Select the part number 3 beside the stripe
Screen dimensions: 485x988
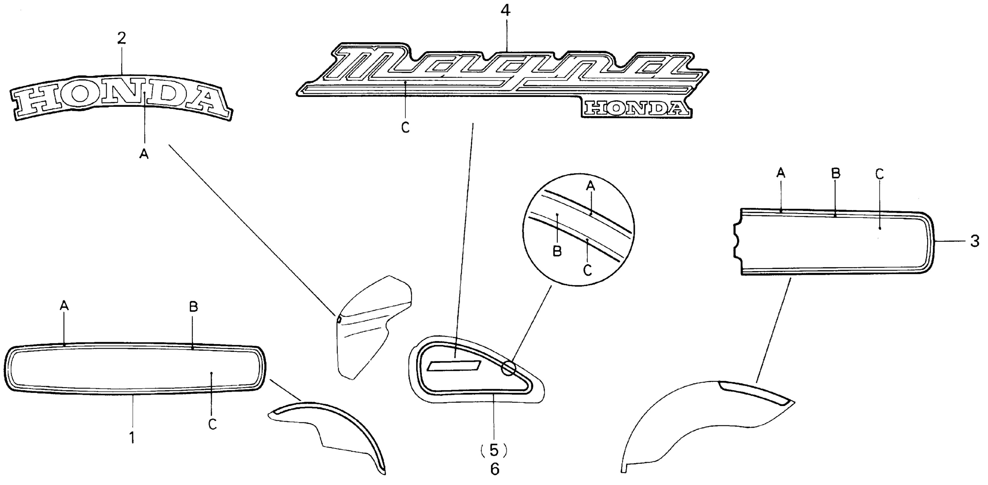tap(975, 242)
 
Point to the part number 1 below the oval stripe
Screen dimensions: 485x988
tap(132, 437)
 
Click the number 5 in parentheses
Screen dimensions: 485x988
tap(494, 451)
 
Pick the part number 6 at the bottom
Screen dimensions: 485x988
tap(495, 469)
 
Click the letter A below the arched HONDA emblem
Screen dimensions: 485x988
tap(144, 154)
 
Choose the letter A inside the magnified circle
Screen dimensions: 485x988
tap(591, 186)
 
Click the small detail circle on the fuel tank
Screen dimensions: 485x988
tap(509, 368)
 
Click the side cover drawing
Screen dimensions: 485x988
tap(368, 326)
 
